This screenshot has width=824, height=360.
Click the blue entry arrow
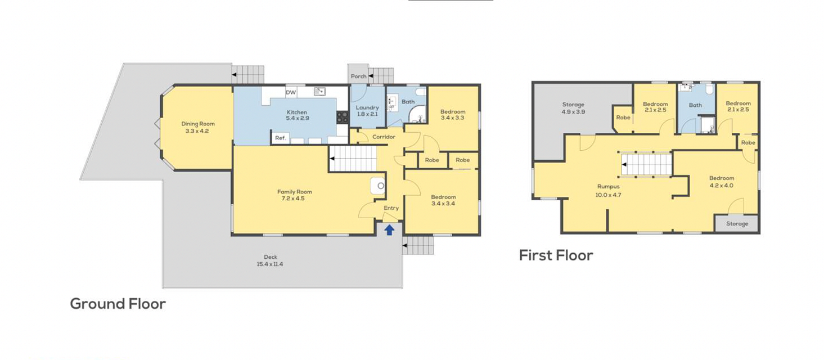390,230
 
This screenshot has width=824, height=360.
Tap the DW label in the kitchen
291,92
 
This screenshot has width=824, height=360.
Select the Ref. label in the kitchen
280,138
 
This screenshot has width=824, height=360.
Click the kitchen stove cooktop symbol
342,117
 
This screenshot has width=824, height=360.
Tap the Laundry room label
367,107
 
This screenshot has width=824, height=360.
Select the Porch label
359,76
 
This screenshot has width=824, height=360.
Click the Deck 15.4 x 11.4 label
271,260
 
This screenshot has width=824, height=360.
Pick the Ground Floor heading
118,304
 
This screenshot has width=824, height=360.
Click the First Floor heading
556,255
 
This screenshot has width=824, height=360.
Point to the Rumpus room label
608,186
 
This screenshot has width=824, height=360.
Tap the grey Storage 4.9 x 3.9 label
573,108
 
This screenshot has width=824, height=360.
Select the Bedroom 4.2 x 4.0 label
722,182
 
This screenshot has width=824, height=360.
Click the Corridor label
384,137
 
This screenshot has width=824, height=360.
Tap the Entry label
391,208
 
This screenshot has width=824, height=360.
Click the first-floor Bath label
695,105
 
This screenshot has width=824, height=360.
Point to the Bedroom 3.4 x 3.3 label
452,114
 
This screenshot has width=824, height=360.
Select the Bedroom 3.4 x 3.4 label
443,200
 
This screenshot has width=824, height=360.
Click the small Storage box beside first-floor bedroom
736,223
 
